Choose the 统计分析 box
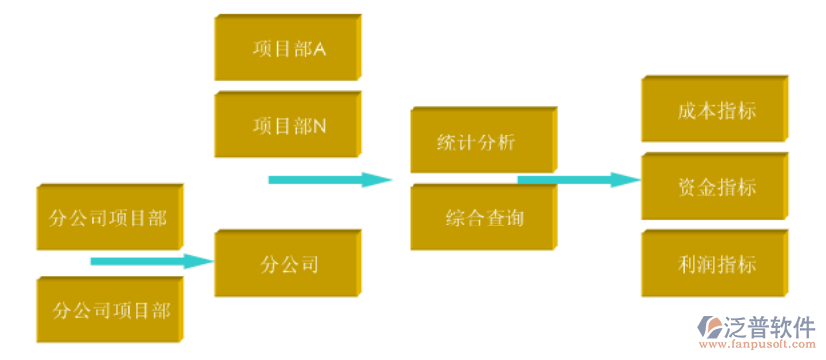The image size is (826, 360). (x=481, y=140)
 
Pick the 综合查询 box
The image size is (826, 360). (x=482, y=217)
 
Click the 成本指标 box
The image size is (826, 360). (x=715, y=109)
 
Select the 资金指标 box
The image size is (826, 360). (x=715, y=186)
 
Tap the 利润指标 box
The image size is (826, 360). (x=715, y=264)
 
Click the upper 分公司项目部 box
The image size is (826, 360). (x=109, y=217)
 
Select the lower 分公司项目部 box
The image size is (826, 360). (x=109, y=311)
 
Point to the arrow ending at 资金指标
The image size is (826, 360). (x=579, y=179)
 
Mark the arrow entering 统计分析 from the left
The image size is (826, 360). (x=330, y=180)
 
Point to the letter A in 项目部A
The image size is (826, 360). (x=320, y=47)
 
